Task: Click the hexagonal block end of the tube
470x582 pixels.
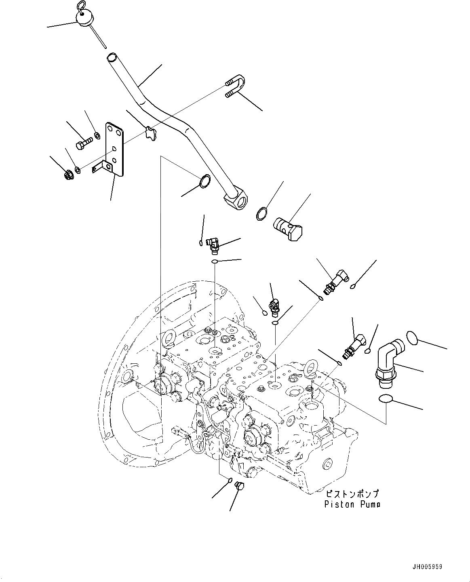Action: coord(237,200)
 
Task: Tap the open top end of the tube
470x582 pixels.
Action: coord(112,58)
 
